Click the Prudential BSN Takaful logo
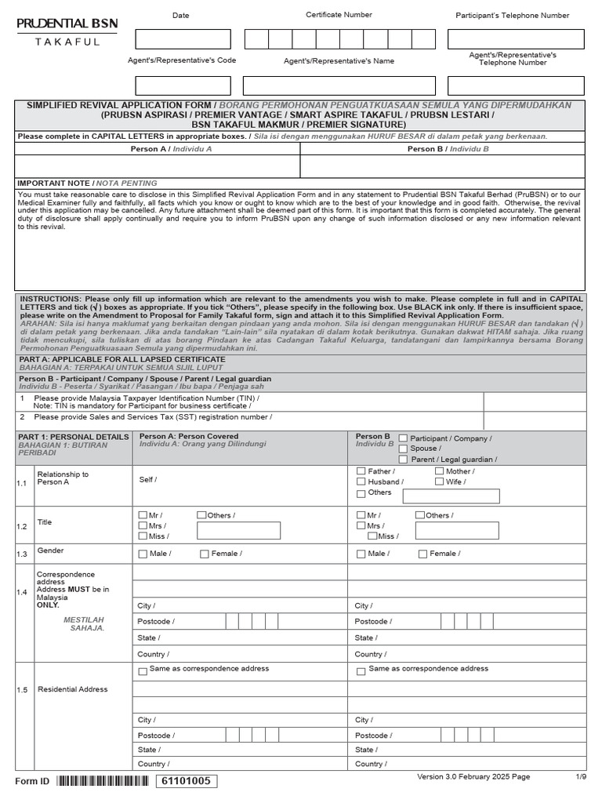(x=67, y=31)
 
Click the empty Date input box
(x=183, y=39)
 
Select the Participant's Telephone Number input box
(x=515, y=39)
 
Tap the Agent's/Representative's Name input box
(x=339, y=85)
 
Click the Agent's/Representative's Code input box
(x=183, y=85)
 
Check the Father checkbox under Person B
(x=361, y=472)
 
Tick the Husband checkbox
(x=361, y=482)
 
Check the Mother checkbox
(x=440, y=472)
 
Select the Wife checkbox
(x=440, y=482)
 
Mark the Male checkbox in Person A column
(x=143, y=554)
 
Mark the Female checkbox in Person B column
(x=423, y=554)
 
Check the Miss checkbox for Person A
(x=143, y=536)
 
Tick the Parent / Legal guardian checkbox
(x=404, y=460)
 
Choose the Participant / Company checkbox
(x=404, y=438)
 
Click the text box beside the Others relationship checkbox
(x=451, y=496)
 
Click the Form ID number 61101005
(x=186, y=781)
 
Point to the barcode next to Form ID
(x=103, y=781)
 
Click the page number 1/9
(x=581, y=776)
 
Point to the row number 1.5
(x=22, y=690)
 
